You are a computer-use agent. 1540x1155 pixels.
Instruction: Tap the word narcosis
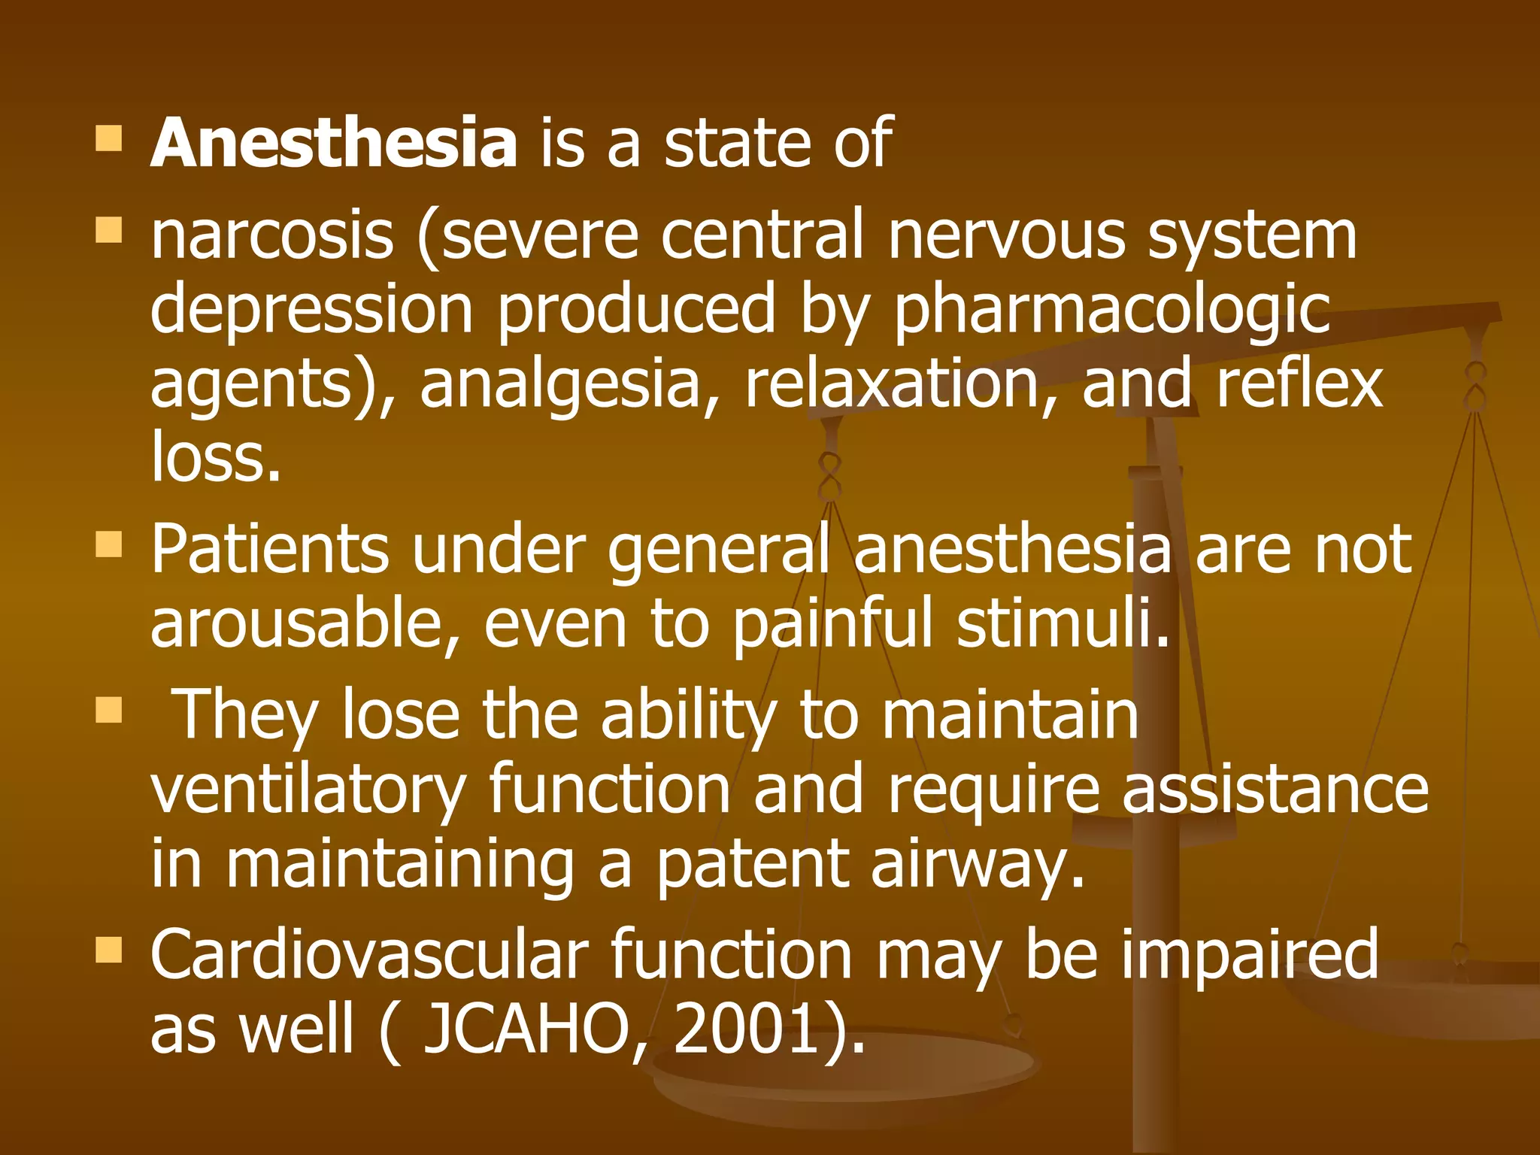[x=272, y=235]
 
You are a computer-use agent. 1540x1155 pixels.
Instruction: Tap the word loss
[x=216, y=456]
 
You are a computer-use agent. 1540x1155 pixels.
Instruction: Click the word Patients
[x=269, y=550]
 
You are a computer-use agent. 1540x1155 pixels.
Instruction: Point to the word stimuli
[x=1063, y=624]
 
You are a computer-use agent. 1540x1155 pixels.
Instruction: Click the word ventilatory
[x=308, y=791]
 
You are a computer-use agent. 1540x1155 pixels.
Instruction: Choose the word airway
[x=978, y=865]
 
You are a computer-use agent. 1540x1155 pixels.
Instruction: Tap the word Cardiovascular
[x=369, y=955]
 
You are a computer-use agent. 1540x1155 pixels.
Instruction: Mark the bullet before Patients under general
[x=109, y=544]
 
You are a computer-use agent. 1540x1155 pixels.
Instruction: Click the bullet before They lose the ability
[x=109, y=710]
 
